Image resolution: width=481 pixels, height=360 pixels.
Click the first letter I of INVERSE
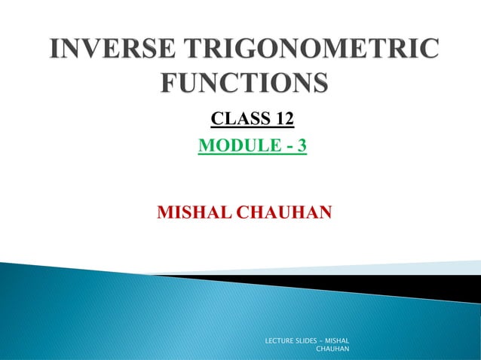click(x=55, y=50)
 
